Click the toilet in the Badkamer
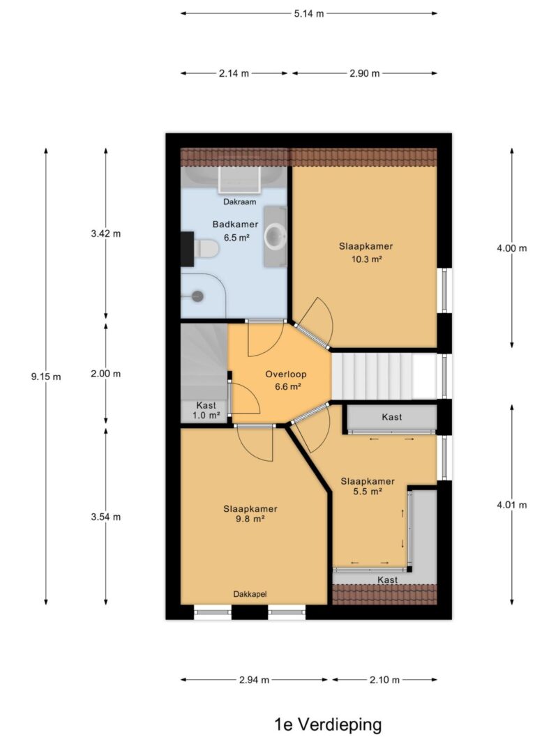pyautogui.click(x=205, y=248)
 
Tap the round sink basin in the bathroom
pyautogui.click(x=276, y=236)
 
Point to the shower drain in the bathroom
pyautogui.click(x=197, y=296)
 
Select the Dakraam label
pyautogui.click(x=240, y=202)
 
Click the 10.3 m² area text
pyautogui.click(x=366, y=259)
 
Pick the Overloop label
pyautogui.click(x=286, y=374)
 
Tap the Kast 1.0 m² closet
pyautogui.click(x=205, y=411)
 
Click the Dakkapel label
pyautogui.click(x=250, y=594)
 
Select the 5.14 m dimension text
pyautogui.click(x=309, y=13)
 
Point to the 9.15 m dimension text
pyautogui.click(x=46, y=377)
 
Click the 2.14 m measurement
pyautogui.click(x=234, y=73)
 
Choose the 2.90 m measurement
pyautogui.click(x=364, y=73)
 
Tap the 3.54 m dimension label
pyautogui.click(x=106, y=517)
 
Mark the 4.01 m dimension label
pyautogui.click(x=511, y=505)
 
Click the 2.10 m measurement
pyautogui.click(x=384, y=680)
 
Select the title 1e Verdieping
pyautogui.click(x=328, y=724)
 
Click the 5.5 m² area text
pyautogui.click(x=368, y=492)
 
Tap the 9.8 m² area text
pyautogui.click(x=250, y=519)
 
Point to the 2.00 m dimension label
pyautogui.click(x=106, y=374)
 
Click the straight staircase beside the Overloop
pyautogui.click(x=384, y=375)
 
